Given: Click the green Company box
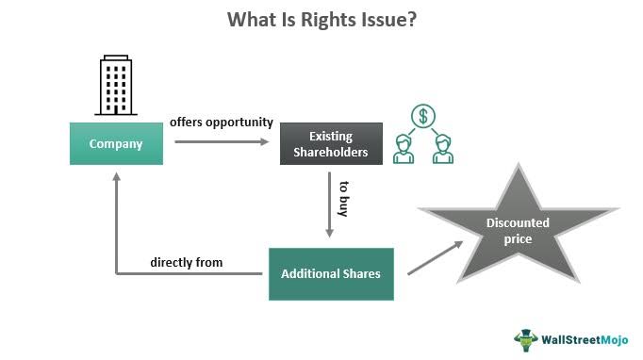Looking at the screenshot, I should pyautogui.click(x=115, y=144).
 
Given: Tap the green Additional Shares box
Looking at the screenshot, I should pyautogui.click(x=330, y=273).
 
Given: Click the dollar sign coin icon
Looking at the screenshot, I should pyautogui.click(x=422, y=117).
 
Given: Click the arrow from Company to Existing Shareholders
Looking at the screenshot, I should pyautogui.click(x=222, y=143).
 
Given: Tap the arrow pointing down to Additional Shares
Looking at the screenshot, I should pyautogui.click(x=330, y=207).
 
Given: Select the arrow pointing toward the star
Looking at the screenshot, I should pyautogui.click(x=435, y=257).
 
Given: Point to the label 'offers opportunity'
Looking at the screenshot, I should pyautogui.click(x=222, y=123).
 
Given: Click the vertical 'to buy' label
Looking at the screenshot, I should pyautogui.click(x=345, y=196).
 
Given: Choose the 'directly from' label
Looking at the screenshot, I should pyautogui.click(x=187, y=262).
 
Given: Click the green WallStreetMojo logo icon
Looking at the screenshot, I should pyautogui.click(x=525, y=338).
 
